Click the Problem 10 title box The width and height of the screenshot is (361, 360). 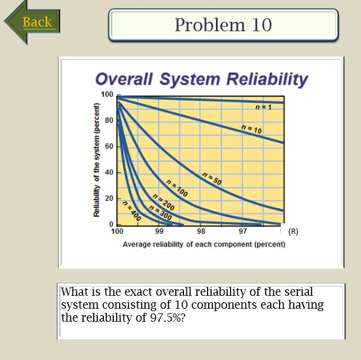[223, 25]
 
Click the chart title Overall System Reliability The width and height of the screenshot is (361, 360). [201, 79]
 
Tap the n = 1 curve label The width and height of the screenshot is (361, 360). [263, 107]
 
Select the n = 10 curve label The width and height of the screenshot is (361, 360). [252, 129]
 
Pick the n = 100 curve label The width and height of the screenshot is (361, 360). [177, 187]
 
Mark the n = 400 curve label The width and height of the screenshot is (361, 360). [132, 209]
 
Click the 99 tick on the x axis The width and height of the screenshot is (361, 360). [159, 232]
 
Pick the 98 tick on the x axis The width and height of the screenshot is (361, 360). [201, 232]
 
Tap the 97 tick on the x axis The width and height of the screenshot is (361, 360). [243, 232]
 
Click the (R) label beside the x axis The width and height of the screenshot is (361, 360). [293, 232]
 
